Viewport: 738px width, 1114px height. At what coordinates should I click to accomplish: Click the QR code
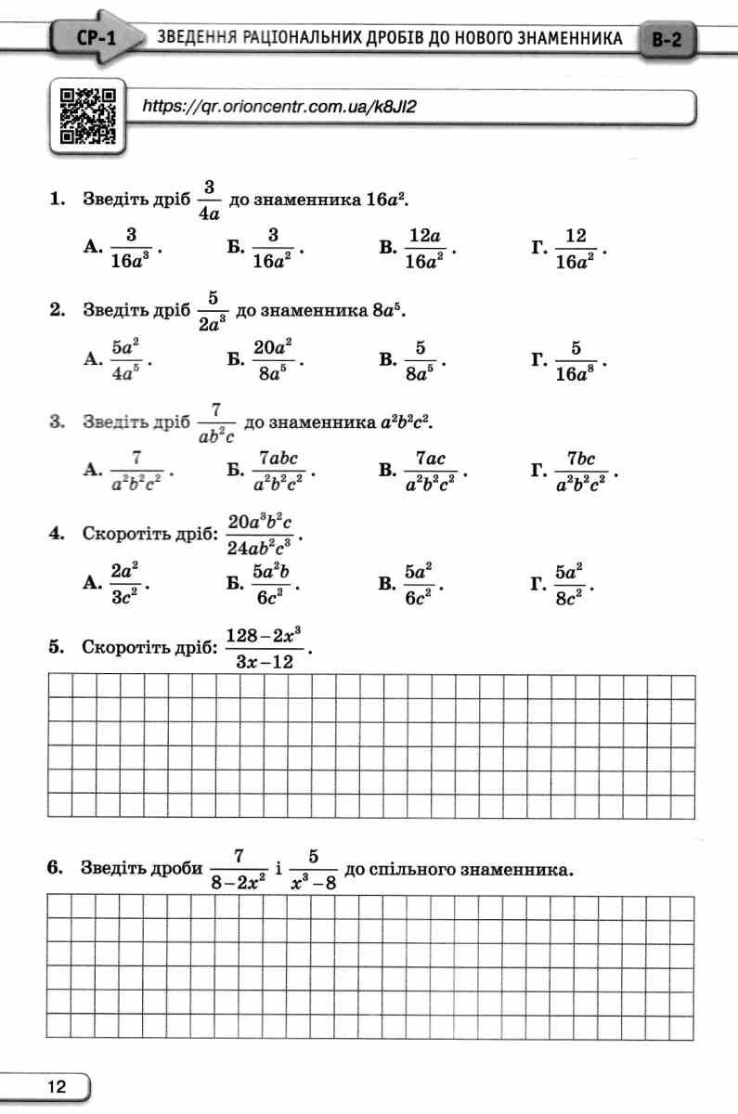pyautogui.click(x=88, y=116)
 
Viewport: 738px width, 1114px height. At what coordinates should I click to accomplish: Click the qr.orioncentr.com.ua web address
pyautogui.click(x=278, y=106)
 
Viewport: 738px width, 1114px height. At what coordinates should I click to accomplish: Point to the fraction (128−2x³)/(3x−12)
pyautogui.click(x=265, y=647)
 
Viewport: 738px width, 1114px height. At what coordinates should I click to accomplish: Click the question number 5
pyautogui.click(x=56, y=647)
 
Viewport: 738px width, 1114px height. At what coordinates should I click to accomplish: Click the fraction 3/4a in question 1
pyautogui.click(x=209, y=201)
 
